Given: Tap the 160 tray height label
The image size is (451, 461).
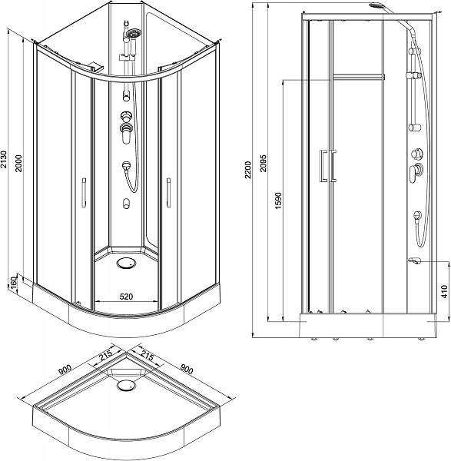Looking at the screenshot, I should click(12, 285).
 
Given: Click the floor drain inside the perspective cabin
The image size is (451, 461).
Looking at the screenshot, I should click(125, 264).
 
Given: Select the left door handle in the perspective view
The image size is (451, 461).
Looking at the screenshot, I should click(81, 193).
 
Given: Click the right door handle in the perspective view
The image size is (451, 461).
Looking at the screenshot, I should click(167, 193).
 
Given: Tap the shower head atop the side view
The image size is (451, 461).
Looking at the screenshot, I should click(377, 7).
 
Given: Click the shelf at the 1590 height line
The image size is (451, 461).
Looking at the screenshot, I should click(358, 75).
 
